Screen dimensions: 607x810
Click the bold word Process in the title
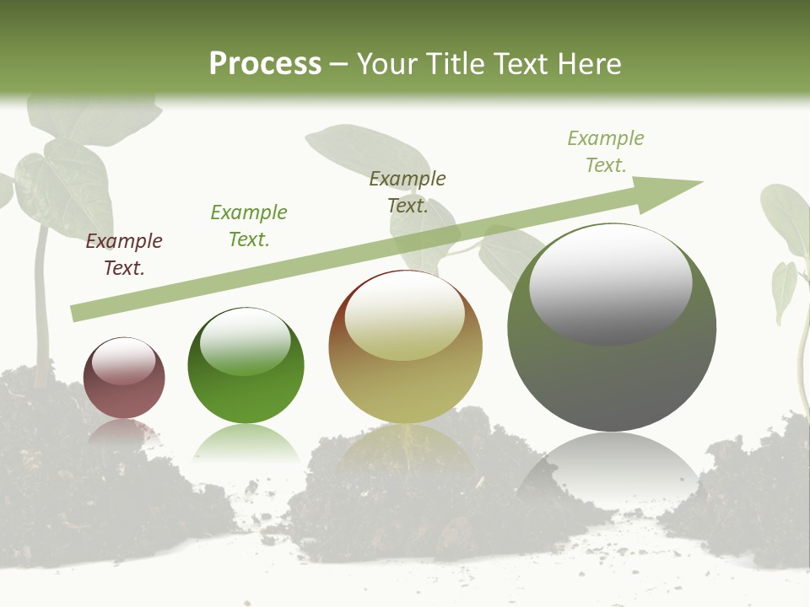click(265, 64)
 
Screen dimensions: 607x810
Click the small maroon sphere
click(124, 379)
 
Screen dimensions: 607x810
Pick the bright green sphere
click(246, 366)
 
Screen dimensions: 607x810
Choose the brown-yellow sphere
click(405, 347)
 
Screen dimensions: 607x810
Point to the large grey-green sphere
click(612, 328)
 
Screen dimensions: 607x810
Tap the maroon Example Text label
click(124, 255)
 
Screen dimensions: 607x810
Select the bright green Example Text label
click(249, 226)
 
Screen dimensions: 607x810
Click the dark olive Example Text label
click(408, 192)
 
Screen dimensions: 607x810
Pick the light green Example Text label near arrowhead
click(606, 152)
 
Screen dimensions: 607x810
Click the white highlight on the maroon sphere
click(123, 361)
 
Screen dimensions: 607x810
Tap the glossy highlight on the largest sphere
click(610, 283)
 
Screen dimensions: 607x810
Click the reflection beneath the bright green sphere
click(246, 442)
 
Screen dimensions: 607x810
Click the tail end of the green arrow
click(78, 313)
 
